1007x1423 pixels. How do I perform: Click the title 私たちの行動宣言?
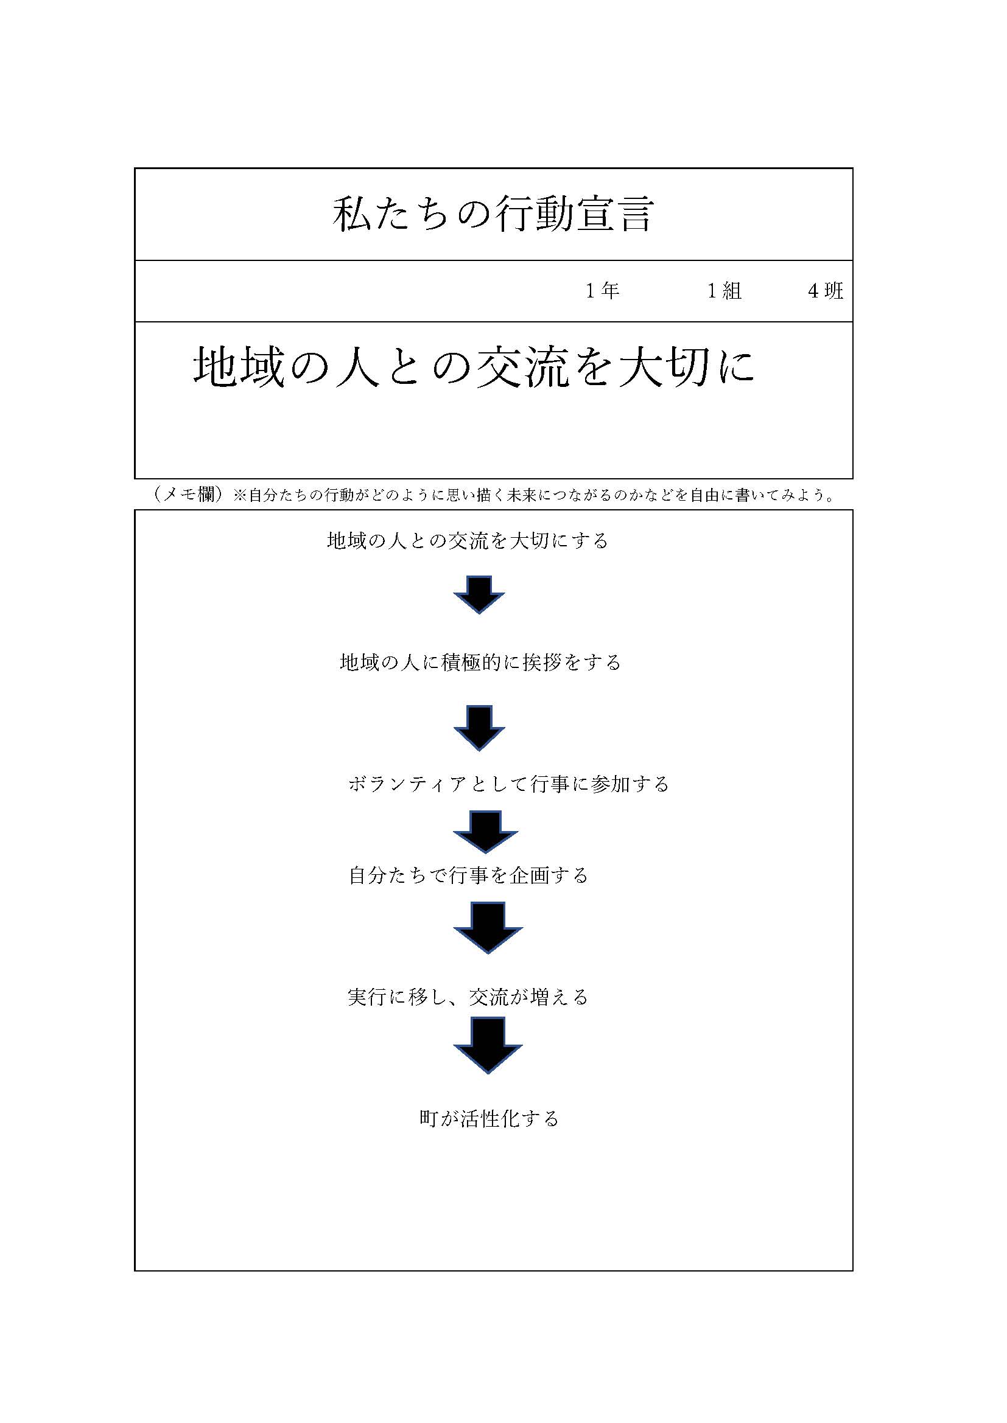click(x=493, y=214)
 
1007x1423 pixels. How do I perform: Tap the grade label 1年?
click(x=603, y=291)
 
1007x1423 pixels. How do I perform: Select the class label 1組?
click(x=725, y=291)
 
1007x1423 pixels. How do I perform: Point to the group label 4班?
click(x=826, y=291)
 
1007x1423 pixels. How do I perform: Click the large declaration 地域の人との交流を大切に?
click(x=474, y=367)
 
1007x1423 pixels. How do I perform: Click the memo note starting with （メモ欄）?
click(x=493, y=495)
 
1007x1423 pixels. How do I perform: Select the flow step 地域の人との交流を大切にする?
click(x=468, y=541)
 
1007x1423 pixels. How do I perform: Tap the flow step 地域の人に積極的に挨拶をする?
click(x=480, y=663)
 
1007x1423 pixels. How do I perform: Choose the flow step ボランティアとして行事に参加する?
click(x=508, y=784)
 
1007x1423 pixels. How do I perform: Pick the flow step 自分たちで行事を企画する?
click(x=469, y=875)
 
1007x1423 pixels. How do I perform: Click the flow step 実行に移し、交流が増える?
click(x=468, y=997)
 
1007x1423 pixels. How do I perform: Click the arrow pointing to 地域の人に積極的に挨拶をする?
click(x=479, y=595)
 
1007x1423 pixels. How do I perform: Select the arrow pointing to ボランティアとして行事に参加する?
click(x=479, y=728)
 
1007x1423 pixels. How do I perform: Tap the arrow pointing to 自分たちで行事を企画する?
click(x=485, y=832)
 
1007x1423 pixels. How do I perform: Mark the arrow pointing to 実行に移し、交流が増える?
click(x=488, y=928)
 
